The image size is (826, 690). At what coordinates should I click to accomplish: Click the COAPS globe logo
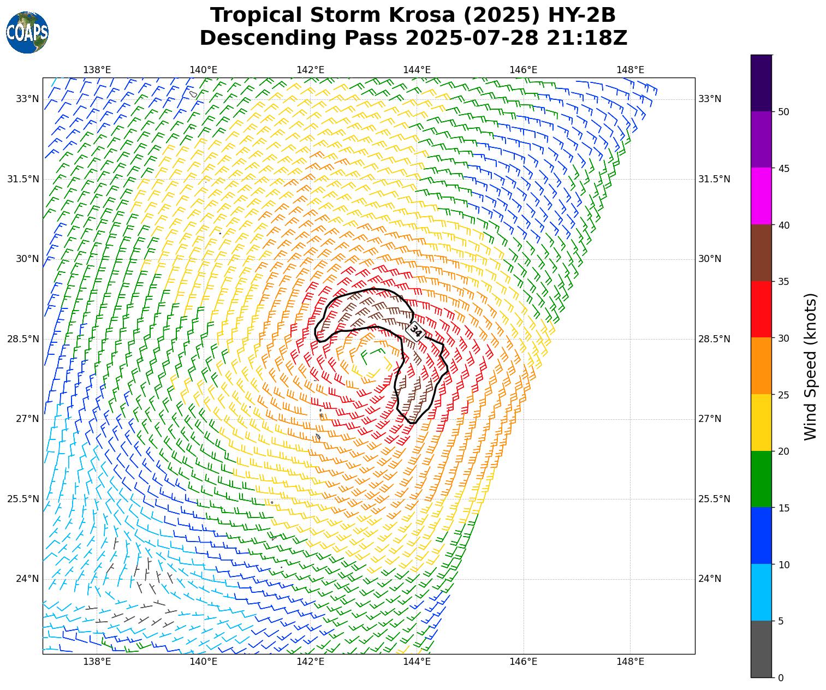[27, 32]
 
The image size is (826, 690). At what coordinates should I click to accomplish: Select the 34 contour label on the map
[415, 331]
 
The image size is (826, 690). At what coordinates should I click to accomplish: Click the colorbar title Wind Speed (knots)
[811, 366]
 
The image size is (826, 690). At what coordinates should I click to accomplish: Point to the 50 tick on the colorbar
[783, 112]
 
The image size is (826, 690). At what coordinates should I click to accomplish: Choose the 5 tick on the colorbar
[781, 621]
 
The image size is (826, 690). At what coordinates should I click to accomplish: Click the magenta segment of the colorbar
[761, 196]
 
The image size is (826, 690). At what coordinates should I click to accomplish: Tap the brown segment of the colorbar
[761, 253]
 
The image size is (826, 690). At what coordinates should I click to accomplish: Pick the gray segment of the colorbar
[761, 649]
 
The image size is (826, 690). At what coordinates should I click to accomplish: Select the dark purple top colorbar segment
[761, 83]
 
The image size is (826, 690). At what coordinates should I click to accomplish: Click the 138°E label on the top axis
[97, 70]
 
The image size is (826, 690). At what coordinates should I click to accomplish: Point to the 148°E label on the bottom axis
[630, 662]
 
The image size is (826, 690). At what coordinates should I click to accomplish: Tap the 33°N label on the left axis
[27, 99]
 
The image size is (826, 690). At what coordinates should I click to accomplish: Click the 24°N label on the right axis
[710, 579]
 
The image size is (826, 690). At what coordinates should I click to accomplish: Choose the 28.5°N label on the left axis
[23, 339]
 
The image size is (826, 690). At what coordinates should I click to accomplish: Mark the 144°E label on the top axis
[417, 70]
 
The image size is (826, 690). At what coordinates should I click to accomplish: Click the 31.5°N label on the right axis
[714, 179]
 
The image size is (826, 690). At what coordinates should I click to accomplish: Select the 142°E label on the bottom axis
[311, 662]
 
